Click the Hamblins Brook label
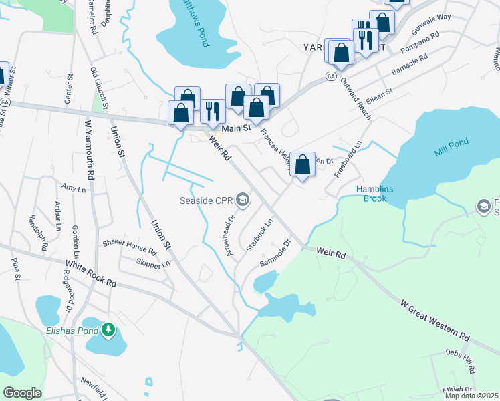click(x=375, y=194)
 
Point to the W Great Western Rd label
click(x=434, y=320)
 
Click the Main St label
click(x=236, y=127)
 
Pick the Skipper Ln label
click(x=153, y=263)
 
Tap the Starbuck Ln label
click(x=260, y=235)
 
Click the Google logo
click(x=22, y=393)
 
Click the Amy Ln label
click(x=73, y=190)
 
